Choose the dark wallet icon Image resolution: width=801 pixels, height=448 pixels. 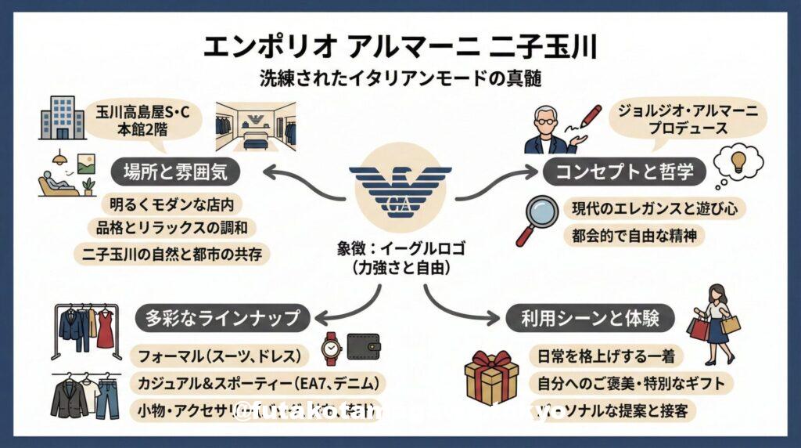pos(363,345)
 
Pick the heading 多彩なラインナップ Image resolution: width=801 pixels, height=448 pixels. pos(222,318)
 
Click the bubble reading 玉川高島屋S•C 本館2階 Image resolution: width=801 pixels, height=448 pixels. pos(145,121)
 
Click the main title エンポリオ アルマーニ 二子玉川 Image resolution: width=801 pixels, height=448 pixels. pos(400,47)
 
